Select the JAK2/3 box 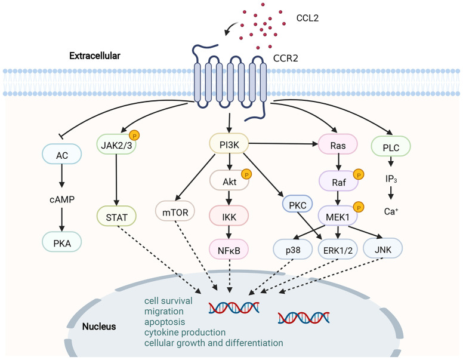click(x=116, y=144)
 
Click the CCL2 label click(x=308, y=18)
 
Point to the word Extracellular click(x=94, y=56)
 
